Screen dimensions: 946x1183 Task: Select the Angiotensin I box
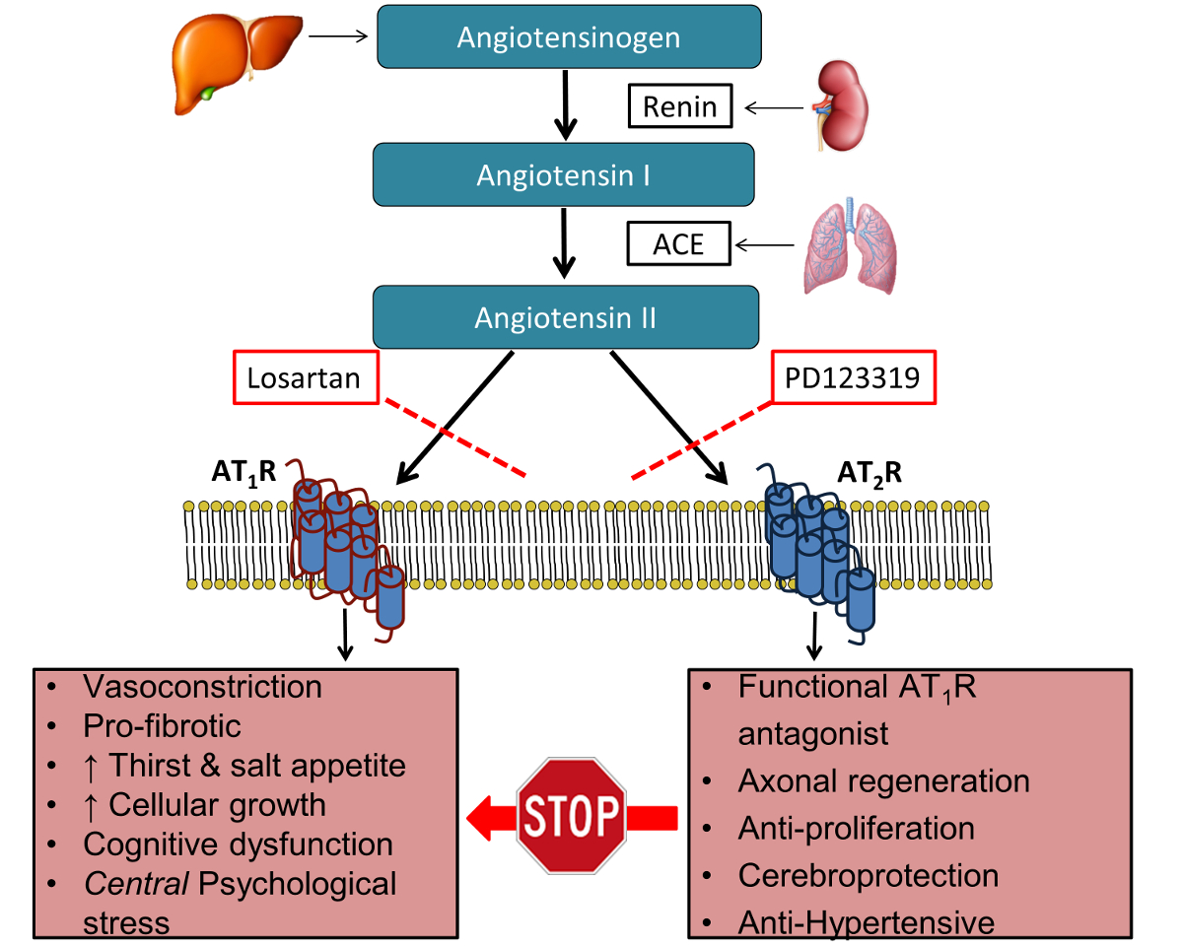tap(563, 176)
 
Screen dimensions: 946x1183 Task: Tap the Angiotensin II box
tap(565, 318)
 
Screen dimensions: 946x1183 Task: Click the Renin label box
tap(680, 105)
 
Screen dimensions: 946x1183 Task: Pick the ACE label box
tap(678, 243)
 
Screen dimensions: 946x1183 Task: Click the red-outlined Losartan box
tap(306, 377)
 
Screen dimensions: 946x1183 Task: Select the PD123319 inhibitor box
tap(854, 377)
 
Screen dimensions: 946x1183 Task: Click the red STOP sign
tap(572, 815)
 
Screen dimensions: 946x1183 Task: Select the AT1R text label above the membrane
tap(244, 473)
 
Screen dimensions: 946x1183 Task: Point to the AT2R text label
tap(869, 473)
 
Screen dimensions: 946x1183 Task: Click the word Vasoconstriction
tap(203, 686)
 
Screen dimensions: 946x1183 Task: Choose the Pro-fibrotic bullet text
tap(163, 726)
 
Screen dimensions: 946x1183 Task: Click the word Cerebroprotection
tap(869, 875)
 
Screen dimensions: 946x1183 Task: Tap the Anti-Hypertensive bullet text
tap(867, 922)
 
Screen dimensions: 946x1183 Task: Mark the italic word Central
tap(137, 883)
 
